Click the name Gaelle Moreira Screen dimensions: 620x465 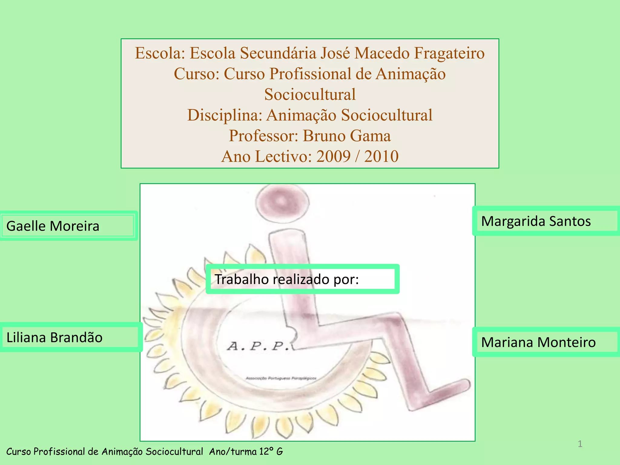(x=53, y=226)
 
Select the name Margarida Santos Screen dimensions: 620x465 (x=536, y=221)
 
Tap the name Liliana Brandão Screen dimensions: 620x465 (x=54, y=338)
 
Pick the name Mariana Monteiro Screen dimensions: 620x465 (x=538, y=342)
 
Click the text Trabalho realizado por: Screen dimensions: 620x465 (x=286, y=279)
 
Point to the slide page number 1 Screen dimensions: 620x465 (x=580, y=444)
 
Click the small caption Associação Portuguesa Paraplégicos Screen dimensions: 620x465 (x=281, y=378)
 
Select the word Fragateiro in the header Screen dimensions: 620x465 (x=449, y=53)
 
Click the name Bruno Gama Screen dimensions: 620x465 (x=347, y=136)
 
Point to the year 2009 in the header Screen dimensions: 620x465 (x=333, y=157)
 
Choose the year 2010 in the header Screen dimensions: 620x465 (x=381, y=157)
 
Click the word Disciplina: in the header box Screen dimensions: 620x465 (x=225, y=115)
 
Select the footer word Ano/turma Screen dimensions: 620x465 (x=233, y=452)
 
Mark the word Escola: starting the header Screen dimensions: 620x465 (x=160, y=53)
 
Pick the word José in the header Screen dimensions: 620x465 (x=335, y=53)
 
